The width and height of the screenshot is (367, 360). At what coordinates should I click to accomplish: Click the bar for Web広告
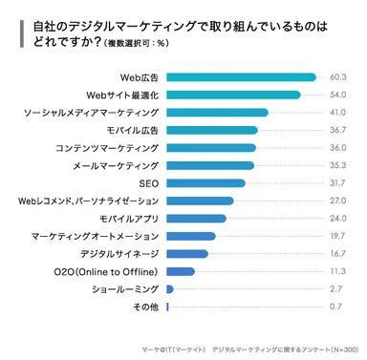[x=241, y=77]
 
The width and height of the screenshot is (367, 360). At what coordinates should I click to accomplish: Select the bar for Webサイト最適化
[x=233, y=95]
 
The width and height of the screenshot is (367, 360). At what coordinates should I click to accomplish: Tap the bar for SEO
[x=205, y=183]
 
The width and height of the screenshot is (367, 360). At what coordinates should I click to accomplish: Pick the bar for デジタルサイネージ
[x=187, y=254]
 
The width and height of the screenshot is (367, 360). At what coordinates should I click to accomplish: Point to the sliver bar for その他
[x=167, y=307]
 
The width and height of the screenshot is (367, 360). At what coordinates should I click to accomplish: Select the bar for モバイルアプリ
[x=196, y=219]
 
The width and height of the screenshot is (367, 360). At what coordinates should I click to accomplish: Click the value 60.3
[x=337, y=77]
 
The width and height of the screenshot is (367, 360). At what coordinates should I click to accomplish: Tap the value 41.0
[x=337, y=113]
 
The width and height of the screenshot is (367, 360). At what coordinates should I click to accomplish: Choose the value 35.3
[x=337, y=165]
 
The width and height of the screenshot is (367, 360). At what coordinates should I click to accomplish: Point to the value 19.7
[x=337, y=236]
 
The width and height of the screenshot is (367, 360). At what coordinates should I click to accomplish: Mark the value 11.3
[x=337, y=271]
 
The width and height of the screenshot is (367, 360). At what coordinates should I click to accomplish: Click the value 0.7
[x=337, y=307]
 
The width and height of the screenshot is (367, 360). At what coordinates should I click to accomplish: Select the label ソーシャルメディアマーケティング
[x=91, y=113]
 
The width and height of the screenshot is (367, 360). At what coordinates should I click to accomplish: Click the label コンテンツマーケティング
[x=107, y=148]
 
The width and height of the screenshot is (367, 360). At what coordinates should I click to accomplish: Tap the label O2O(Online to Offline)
[x=107, y=271]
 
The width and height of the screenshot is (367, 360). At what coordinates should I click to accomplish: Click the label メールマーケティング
[x=116, y=165]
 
